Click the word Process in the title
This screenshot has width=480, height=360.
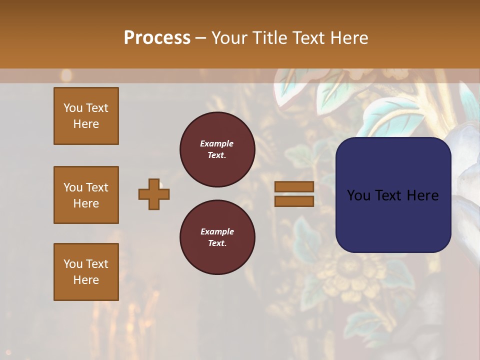coord(157,38)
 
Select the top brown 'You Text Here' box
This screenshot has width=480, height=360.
coord(86,116)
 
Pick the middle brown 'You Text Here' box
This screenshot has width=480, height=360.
coord(86,195)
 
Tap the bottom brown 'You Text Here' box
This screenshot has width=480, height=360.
coord(86,272)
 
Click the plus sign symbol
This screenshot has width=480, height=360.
coord(154,194)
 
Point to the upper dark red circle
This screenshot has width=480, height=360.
coord(217,149)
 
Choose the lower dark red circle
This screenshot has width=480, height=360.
coord(217,237)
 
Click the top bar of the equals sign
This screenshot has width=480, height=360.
coord(294,187)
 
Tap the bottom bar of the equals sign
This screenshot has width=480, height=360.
coord(294,201)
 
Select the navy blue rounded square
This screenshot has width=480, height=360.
coord(393,195)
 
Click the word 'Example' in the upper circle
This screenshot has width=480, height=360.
coord(217,143)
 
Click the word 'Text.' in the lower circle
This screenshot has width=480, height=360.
coord(217,243)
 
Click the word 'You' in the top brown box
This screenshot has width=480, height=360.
coord(73,108)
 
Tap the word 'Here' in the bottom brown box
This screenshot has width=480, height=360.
coord(86,280)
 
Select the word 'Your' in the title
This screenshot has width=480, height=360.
coord(227,38)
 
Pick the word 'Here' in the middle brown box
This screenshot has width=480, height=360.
coord(86,203)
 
